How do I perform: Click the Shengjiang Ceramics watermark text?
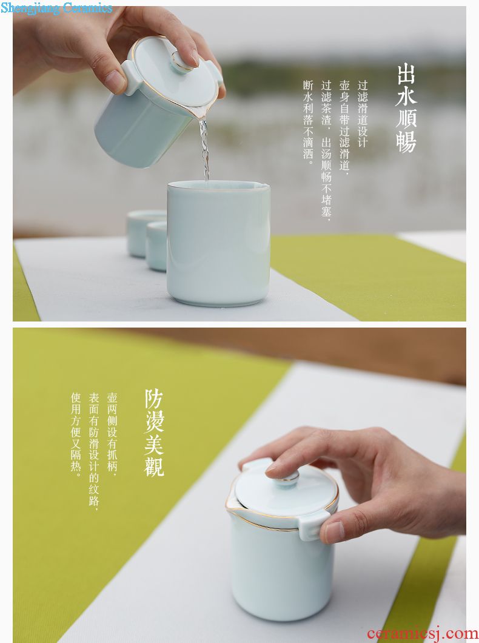click(56, 8)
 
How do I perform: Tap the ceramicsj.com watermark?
click(423, 633)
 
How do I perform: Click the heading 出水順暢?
click(406, 108)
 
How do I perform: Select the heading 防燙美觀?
click(155, 433)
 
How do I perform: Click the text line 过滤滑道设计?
click(363, 113)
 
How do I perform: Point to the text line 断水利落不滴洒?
click(308, 122)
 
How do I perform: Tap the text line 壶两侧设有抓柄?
click(112, 434)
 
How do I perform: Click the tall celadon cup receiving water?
click(218, 243)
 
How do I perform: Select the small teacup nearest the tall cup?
click(156, 246)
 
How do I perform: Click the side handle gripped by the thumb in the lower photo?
click(312, 525)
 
